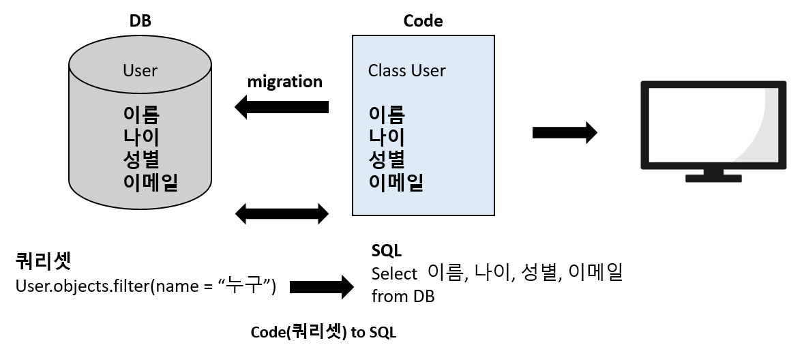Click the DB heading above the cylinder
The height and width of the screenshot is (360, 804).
(x=140, y=20)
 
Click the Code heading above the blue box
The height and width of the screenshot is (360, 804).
(x=423, y=20)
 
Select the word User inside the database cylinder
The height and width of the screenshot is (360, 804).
(x=140, y=70)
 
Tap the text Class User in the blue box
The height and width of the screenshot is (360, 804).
(x=406, y=70)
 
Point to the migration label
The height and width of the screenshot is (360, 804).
(x=284, y=82)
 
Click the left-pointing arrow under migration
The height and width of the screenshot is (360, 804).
(x=282, y=107)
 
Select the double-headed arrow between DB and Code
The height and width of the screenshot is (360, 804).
(x=282, y=213)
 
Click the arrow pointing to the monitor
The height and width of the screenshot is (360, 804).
(x=564, y=132)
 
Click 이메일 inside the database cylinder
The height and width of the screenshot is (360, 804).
(x=151, y=181)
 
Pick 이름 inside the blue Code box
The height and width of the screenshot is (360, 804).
(x=387, y=113)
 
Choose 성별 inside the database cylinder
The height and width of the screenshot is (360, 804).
(x=141, y=159)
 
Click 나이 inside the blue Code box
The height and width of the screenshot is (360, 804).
(x=387, y=136)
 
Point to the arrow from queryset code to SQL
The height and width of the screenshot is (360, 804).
(x=321, y=287)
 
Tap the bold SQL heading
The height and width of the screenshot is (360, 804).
(x=386, y=250)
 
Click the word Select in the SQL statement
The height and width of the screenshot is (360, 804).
(x=394, y=274)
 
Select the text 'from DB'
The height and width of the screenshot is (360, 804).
(x=402, y=297)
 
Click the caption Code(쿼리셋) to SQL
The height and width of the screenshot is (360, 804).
(x=323, y=333)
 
